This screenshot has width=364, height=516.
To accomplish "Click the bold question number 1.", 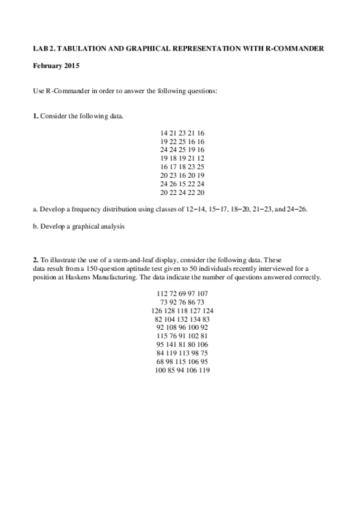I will pos(35,116).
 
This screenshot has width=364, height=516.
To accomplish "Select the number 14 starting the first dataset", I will pos(164,133).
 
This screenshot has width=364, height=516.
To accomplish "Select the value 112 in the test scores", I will pos(162,293).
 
